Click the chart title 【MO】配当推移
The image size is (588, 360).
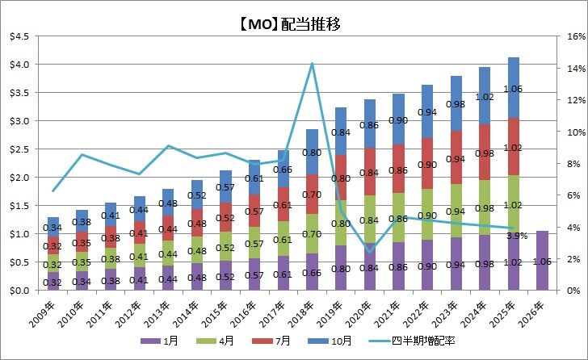293,24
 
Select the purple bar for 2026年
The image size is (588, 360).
542,260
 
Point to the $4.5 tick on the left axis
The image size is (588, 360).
19,36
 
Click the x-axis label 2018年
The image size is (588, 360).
308,309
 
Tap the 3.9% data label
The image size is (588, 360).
517,237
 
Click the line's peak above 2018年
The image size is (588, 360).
312,64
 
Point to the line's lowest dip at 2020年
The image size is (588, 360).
369,252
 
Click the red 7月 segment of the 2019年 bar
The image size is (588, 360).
341,178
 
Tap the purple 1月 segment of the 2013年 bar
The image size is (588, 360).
168,278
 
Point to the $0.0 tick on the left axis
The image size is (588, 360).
19,290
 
